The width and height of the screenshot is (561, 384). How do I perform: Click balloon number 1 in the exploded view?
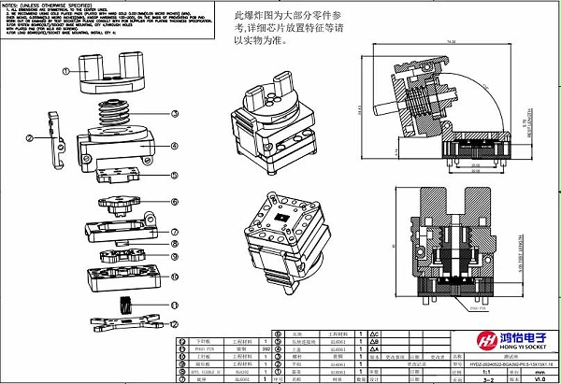[66, 71]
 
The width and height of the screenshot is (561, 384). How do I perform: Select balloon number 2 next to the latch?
[30, 139]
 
